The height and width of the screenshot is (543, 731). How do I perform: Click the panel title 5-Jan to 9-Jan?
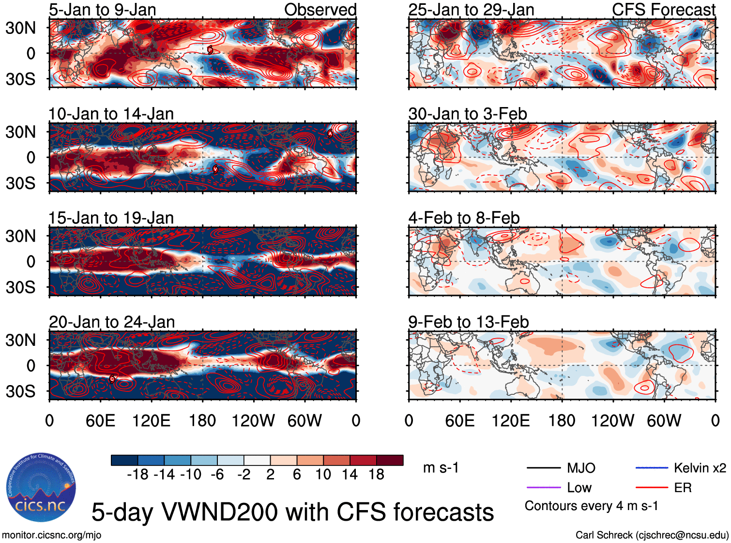click(102, 10)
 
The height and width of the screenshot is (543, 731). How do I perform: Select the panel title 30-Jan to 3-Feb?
click(467, 114)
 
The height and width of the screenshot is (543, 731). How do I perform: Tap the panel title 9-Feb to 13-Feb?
click(468, 322)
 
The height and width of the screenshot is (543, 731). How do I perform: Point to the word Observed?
click(320, 10)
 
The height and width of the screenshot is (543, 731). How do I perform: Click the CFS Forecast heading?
click(663, 10)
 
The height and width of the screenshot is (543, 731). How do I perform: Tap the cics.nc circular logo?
click(41, 488)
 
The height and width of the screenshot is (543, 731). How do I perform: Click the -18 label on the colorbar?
click(137, 475)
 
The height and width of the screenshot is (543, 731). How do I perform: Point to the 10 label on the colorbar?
click(323, 475)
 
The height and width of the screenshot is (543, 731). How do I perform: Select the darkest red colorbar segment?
click(390, 460)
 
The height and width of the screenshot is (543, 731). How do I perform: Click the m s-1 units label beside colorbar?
click(441, 468)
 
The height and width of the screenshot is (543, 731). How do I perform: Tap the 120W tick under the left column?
click(253, 420)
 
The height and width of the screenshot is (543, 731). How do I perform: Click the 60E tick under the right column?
click(459, 420)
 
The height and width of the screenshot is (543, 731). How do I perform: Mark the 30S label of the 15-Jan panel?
click(21, 287)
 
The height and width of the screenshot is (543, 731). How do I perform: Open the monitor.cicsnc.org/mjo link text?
click(51, 535)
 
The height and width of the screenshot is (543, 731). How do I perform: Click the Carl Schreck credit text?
click(652, 535)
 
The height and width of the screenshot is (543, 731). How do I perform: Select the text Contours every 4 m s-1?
click(591, 506)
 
